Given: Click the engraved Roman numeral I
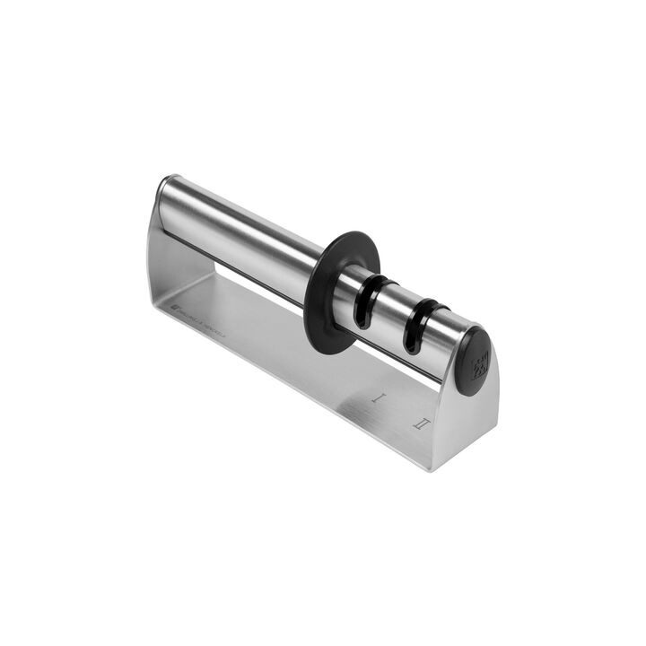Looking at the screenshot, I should click(x=380, y=394).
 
